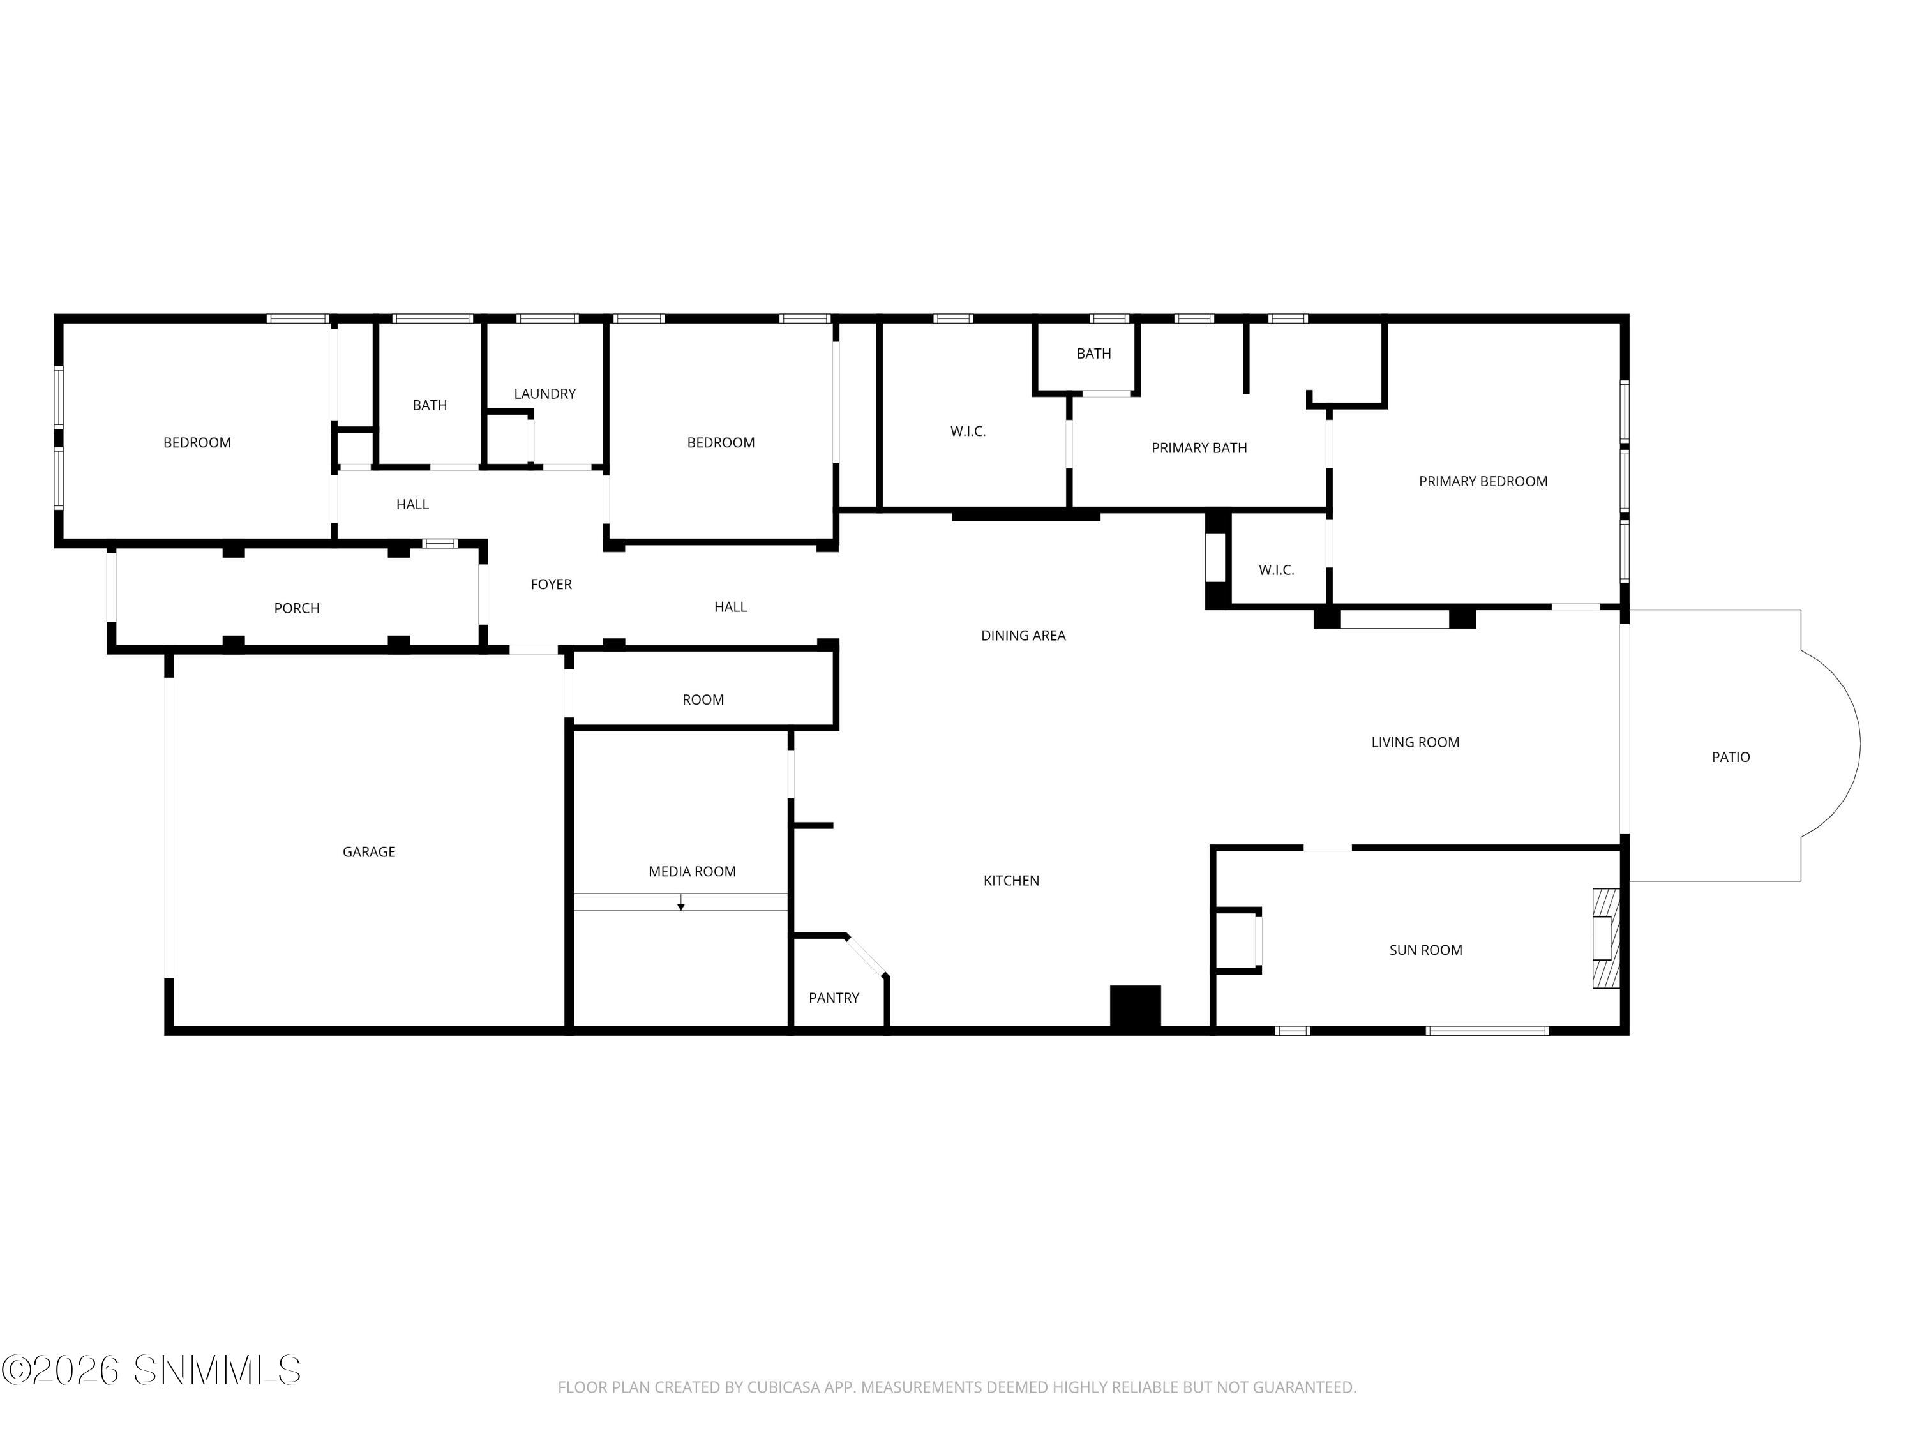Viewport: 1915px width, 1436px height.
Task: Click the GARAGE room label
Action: [x=369, y=852]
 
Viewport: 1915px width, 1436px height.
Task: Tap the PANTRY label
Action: [x=834, y=998]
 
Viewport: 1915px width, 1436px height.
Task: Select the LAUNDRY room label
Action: [x=544, y=394]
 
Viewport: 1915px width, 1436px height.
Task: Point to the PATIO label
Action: [x=1731, y=758]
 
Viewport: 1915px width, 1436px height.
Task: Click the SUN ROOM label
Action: [x=1425, y=950]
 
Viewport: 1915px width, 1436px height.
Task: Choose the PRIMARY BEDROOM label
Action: [x=1482, y=481]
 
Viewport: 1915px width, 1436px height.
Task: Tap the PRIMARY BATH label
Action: [x=1198, y=447]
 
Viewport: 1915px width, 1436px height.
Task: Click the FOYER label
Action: [x=551, y=584]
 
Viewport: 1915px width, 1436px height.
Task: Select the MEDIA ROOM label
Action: [x=692, y=872]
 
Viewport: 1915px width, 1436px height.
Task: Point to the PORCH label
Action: [x=296, y=608]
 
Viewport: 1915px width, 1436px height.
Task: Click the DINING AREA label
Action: [x=1023, y=635]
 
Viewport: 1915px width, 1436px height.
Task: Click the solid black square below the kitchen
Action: [x=1135, y=1006]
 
